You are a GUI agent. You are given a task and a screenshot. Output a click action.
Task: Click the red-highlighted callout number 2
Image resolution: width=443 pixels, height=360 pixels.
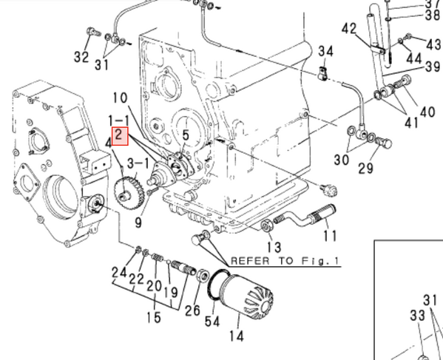[120, 135]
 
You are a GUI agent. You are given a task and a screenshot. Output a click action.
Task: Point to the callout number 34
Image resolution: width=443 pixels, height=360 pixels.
[326, 51]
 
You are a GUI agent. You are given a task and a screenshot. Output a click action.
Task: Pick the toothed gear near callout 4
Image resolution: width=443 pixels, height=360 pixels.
[132, 191]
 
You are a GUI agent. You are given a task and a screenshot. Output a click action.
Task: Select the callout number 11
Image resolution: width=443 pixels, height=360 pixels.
[329, 236]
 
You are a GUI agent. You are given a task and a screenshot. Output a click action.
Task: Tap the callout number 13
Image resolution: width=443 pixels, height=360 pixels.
[274, 247]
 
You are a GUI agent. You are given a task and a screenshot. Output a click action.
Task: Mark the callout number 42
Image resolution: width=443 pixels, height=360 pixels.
[349, 29]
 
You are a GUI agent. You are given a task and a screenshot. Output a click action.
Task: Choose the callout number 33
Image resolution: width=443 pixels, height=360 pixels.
[418, 316]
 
